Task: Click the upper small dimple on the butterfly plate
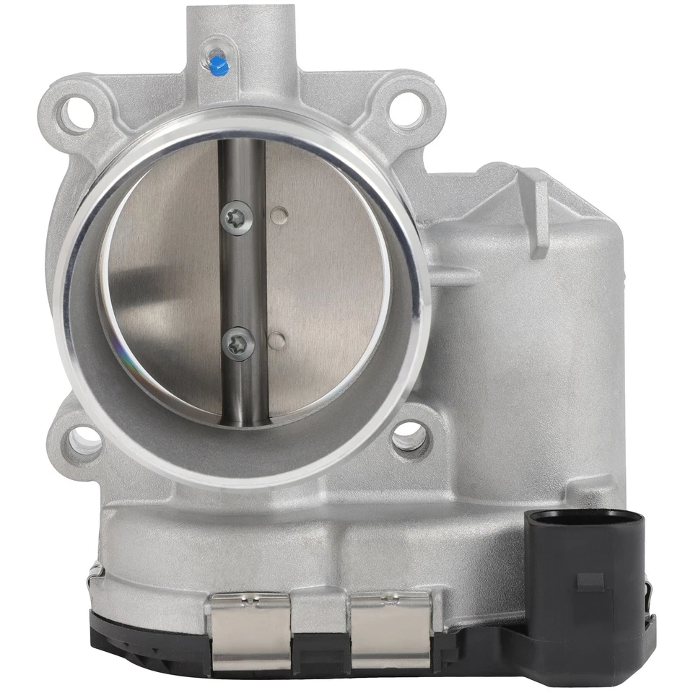pyautogui.click(x=278, y=214)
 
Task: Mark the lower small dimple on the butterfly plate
pyautogui.click(x=275, y=339)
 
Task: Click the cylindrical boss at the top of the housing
pyautogui.click(x=241, y=36)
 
